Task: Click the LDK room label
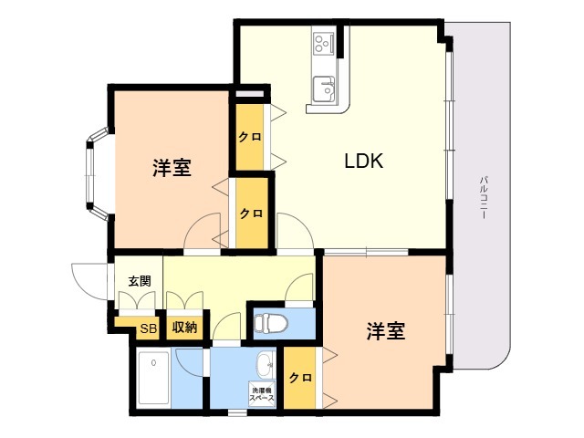click(x=362, y=162)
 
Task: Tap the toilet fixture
click(x=271, y=323)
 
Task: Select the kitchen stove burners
click(x=324, y=43)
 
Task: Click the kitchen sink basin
click(x=323, y=89)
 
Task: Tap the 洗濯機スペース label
click(x=262, y=395)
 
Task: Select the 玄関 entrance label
click(x=139, y=281)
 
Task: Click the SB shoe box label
click(x=148, y=328)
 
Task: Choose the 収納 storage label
click(x=184, y=328)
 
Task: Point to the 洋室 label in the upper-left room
click(x=172, y=168)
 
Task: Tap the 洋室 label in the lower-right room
click(x=387, y=330)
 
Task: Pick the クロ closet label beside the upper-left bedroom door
click(x=251, y=214)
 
